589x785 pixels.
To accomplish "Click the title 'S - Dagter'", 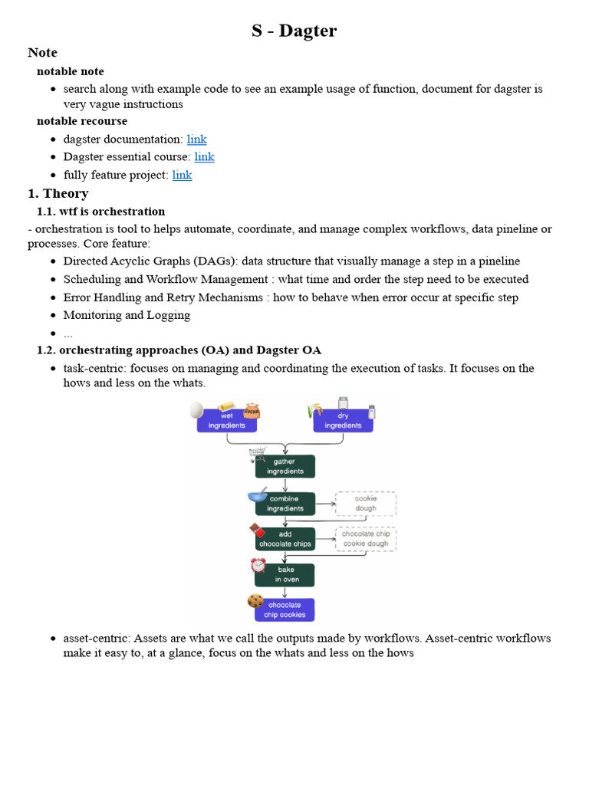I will click(x=294, y=31).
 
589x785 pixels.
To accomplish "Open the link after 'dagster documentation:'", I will click(x=196, y=140).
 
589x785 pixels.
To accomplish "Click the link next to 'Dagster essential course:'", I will click(x=204, y=157).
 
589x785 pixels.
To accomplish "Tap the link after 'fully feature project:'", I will click(x=182, y=175).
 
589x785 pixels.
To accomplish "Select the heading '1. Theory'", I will click(x=58, y=193).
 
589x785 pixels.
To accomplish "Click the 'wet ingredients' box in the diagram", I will click(x=227, y=421).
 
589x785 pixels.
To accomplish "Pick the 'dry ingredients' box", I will click(x=343, y=421).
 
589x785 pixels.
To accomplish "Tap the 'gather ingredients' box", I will click(x=285, y=466).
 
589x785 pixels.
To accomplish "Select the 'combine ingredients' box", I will click(x=285, y=504).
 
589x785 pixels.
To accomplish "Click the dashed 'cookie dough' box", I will click(x=366, y=504).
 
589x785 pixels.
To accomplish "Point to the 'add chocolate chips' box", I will click(x=285, y=539).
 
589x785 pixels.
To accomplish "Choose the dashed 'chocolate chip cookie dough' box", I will click(x=366, y=539).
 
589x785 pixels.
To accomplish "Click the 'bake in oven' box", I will click(x=285, y=575).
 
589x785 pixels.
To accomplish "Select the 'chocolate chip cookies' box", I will click(x=285, y=609).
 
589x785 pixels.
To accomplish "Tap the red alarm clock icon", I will click(x=258, y=566).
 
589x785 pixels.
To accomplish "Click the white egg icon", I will click(x=197, y=409).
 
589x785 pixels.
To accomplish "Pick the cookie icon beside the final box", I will click(x=255, y=601).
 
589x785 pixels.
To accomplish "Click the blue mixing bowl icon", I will click(x=257, y=495).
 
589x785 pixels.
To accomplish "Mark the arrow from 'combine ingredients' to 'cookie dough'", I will click(x=325, y=504).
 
